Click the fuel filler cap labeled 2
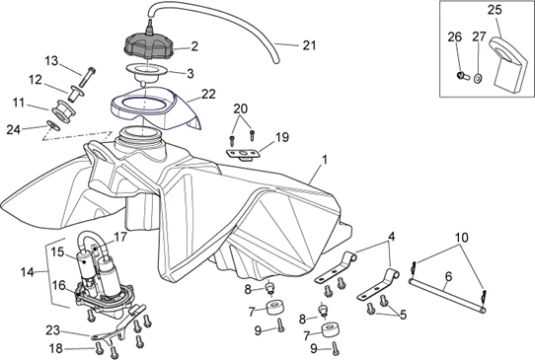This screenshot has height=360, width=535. click(x=148, y=45)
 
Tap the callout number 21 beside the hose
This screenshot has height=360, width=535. click(x=310, y=45)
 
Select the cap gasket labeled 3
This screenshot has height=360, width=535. click(x=147, y=73)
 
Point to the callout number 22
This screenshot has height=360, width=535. click(x=209, y=94)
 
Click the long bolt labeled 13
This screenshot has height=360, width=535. click(x=87, y=77)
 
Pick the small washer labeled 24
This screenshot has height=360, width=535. click(x=53, y=126)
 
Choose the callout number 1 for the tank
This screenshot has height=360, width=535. click(x=325, y=160)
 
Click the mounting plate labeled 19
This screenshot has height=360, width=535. click(x=243, y=154)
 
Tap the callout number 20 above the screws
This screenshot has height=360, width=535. click(x=241, y=109)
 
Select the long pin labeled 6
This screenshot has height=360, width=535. click(x=447, y=295)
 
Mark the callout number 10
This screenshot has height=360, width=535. click(x=462, y=238)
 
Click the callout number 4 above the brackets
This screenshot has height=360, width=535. click(x=391, y=237)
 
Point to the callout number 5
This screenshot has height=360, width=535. click(x=404, y=315)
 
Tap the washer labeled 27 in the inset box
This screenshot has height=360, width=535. click(x=478, y=78)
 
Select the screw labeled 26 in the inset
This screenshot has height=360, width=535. click(x=462, y=75)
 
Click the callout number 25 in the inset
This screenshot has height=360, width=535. click(x=495, y=10)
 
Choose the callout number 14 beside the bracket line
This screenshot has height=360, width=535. click(x=27, y=272)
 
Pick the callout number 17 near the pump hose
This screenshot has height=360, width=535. click(x=120, y=237)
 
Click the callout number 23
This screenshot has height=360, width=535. click(x=53, y=330)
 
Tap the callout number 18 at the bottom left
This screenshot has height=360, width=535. click(x=56, y=348)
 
